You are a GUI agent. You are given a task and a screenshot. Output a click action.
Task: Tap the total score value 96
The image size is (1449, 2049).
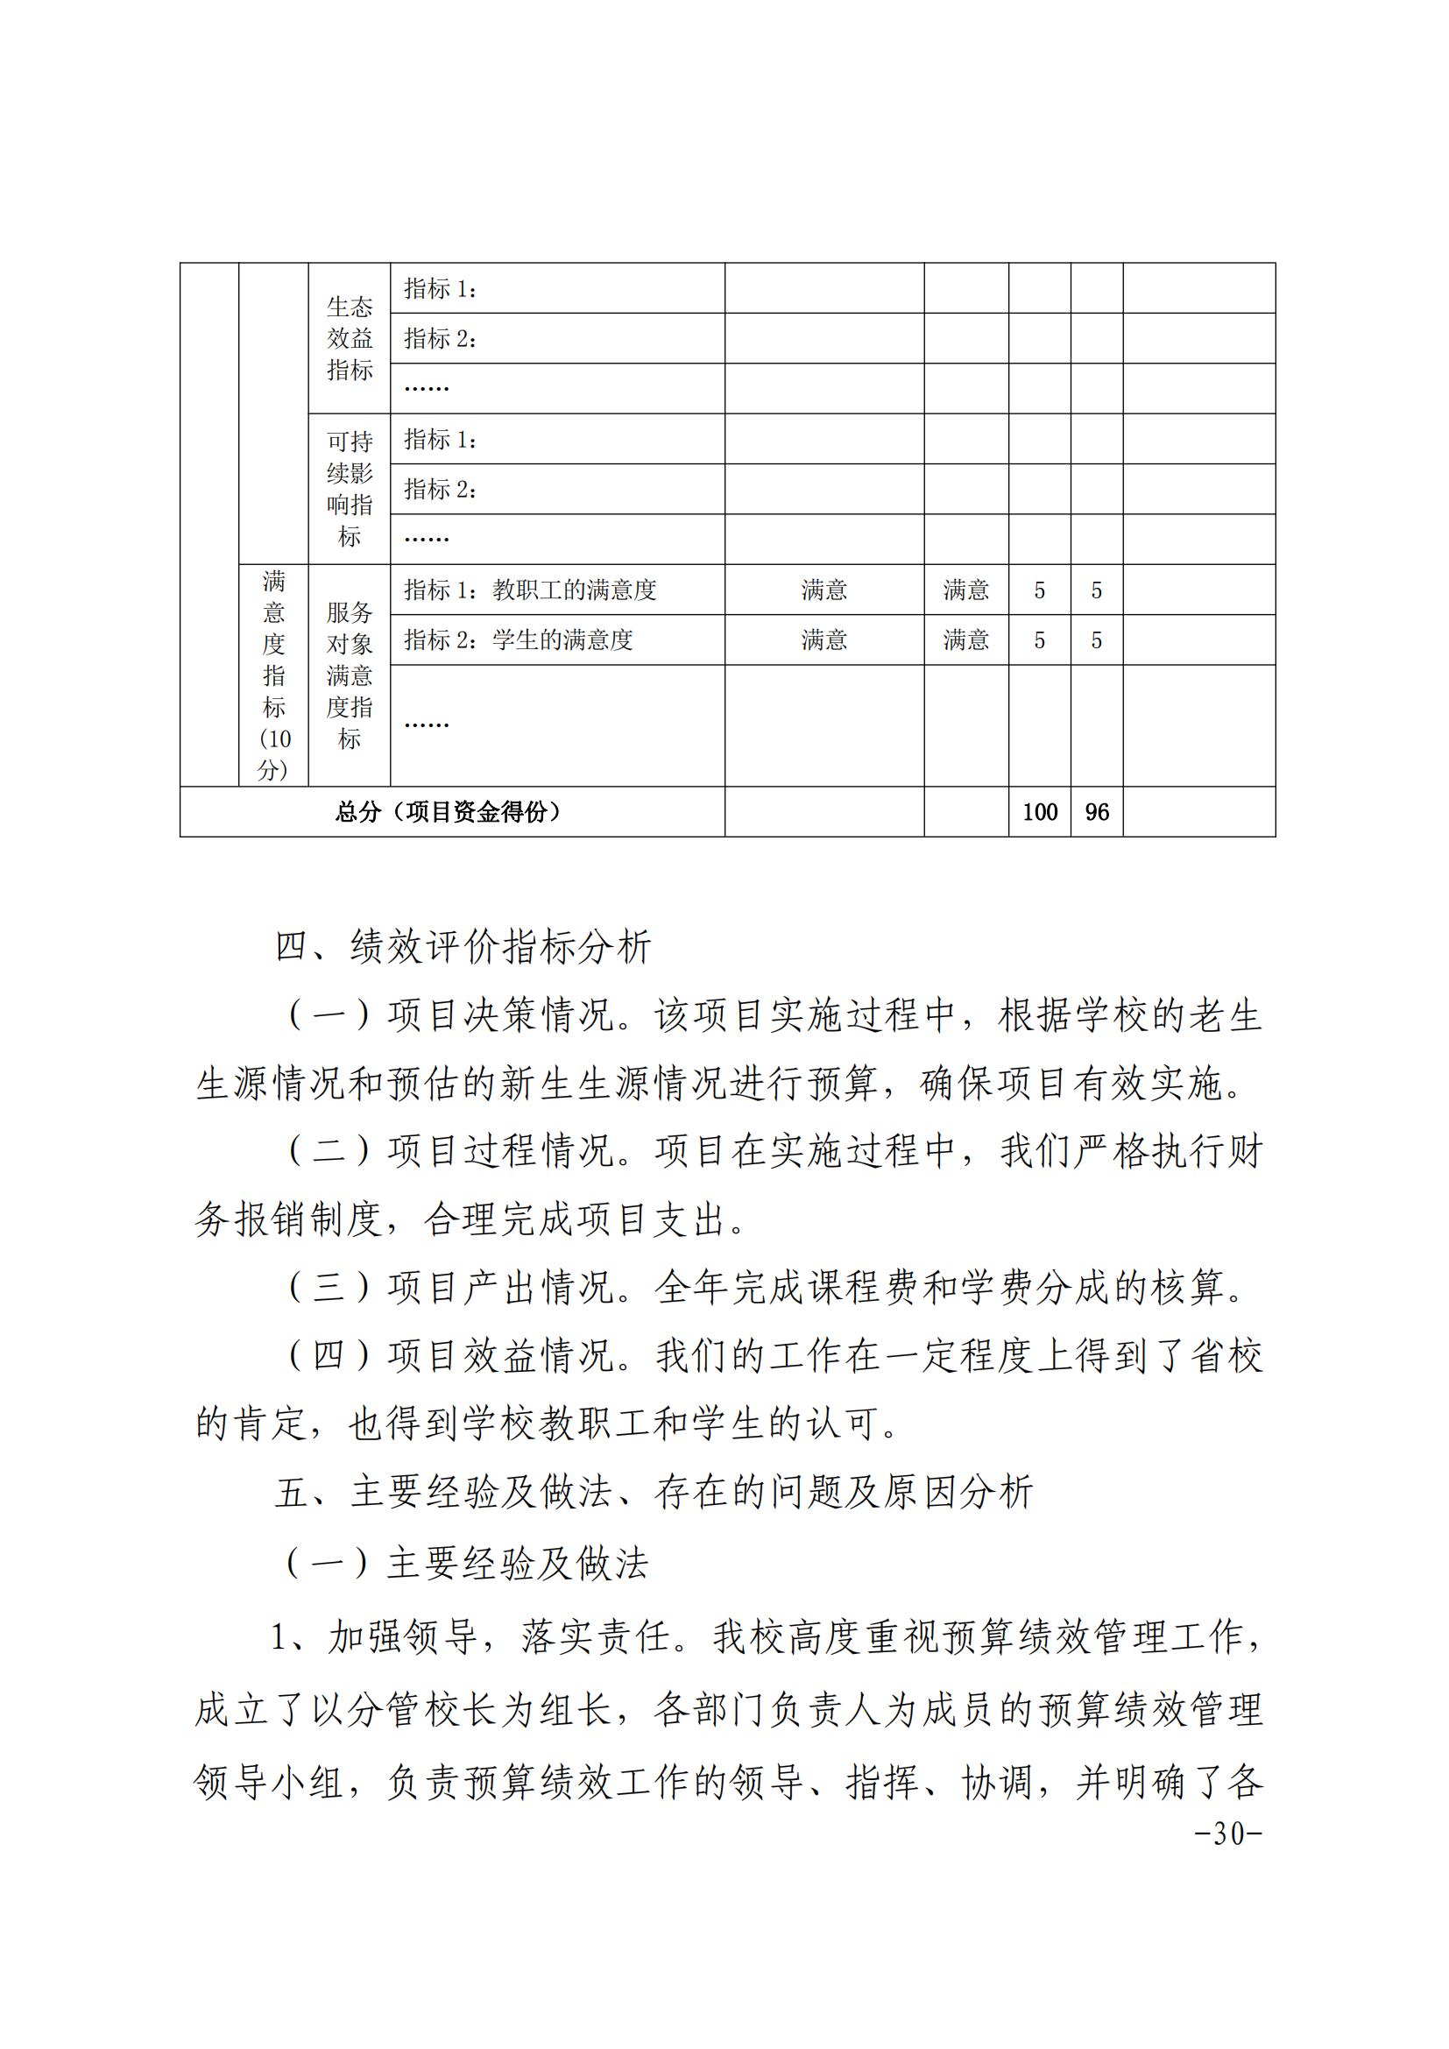[1097, 812]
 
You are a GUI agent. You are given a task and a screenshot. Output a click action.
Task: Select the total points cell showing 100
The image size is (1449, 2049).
[1040, 812]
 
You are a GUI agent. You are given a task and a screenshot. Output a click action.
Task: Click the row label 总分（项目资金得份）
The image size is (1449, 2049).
[451, 812]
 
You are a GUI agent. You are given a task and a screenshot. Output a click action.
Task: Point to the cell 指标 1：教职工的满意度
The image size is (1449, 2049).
[530, 590]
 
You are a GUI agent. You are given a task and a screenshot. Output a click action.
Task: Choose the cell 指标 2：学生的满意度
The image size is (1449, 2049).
[518, 639]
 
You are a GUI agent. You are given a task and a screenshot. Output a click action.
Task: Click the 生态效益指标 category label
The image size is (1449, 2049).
[349, 338]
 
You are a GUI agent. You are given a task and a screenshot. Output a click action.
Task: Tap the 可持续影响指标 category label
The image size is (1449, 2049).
[349, 489]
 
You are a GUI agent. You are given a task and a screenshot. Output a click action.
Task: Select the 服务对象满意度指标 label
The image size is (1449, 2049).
[349, 675]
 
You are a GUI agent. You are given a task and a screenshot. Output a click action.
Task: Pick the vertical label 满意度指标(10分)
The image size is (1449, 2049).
[274, 675]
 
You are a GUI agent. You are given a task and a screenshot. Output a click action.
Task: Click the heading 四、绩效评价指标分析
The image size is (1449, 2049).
[463, 947]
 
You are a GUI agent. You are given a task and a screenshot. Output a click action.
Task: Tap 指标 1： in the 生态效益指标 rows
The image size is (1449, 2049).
[440, 288]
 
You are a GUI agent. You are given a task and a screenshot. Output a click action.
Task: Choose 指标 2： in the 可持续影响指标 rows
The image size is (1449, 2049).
[440, 489]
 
